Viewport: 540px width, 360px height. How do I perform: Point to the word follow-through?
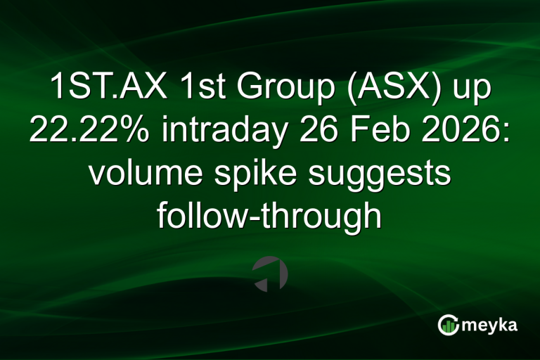point(269,217)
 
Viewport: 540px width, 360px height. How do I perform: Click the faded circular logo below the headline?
point(270,274)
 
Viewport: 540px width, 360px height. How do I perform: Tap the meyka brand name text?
point(489,326)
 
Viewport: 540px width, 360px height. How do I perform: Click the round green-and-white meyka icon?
point(449,325)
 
